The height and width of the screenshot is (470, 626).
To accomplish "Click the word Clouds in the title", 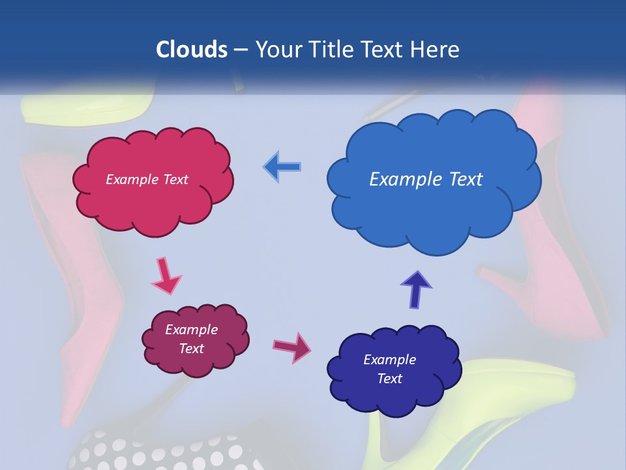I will pyautogui.click(x=192, y=49).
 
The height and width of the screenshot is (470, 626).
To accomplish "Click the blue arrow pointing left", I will pyautogui.click(x=282, y=166).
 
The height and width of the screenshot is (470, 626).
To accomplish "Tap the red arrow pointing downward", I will pyautogui.click(x=166, y=275).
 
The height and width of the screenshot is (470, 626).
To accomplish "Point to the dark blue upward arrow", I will pyautogui.click(x=415, y=289).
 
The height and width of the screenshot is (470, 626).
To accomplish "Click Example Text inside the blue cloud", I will pyautogui.click(x=426, y=180).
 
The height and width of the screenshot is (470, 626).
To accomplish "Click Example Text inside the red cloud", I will pyautogui.click(x=147, y=180).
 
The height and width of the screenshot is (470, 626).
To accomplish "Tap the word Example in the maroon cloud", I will pyautogui.click(x=191, y=330).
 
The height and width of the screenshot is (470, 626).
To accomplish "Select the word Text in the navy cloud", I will pyautogui.click(x=389, y=379).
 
